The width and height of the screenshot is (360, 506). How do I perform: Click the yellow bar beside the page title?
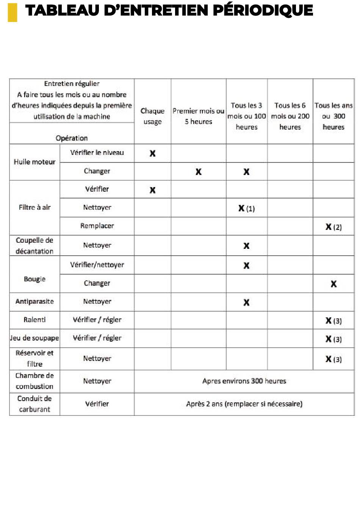pyautogui.click(x=12, y=12)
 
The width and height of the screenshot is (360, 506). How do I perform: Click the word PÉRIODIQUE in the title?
pyautogui.click(x=263, y=11)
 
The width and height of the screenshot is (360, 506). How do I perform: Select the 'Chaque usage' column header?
pyautogui.click(x=152, y=116)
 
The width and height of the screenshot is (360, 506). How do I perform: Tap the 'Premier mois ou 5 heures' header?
pyautogui.click(x=198, y=116)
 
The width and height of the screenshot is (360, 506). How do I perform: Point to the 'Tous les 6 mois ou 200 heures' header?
pyautogui.click(x=290, y=116)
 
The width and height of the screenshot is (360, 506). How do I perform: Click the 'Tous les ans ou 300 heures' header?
pyautogui.click(x=333, y=116)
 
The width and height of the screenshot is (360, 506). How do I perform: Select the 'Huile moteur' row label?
pyautogui.click(x=34, y=162)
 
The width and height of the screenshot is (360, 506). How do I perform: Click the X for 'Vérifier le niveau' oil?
pyautogui.click(x=152, y=153)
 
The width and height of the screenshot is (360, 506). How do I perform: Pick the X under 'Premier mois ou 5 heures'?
pyautogui.click(x=198, y=172)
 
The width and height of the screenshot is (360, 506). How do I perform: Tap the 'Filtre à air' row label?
pyautogui.click(x=34, y=207)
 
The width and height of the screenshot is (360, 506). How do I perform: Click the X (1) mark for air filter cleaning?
pyautogui.click(x=246, y=208)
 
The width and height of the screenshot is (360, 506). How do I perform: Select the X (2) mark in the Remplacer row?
pyautogui.click(x=333, y=227)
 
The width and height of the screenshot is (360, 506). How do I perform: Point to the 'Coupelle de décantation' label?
pyautogui.click(x=34, y=245)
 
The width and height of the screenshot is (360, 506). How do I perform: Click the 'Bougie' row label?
pyautogui.click(x=34, y=279)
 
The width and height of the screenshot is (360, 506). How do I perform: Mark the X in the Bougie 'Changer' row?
pyautogui.click(x=333, y=284)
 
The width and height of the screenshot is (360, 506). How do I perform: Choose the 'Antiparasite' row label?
pyautogui.click(x=34, y=301)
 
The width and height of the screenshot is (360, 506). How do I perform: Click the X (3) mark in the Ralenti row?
pyautogui.click(x=333, y=320)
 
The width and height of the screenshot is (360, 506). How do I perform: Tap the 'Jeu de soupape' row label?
pyautogui.click(x=34, y=338)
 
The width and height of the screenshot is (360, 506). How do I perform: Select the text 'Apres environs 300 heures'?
pyautogui.click(x=244, y=381)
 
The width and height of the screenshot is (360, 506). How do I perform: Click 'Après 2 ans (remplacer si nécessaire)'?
pyautogui.click(x=244, y=404)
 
